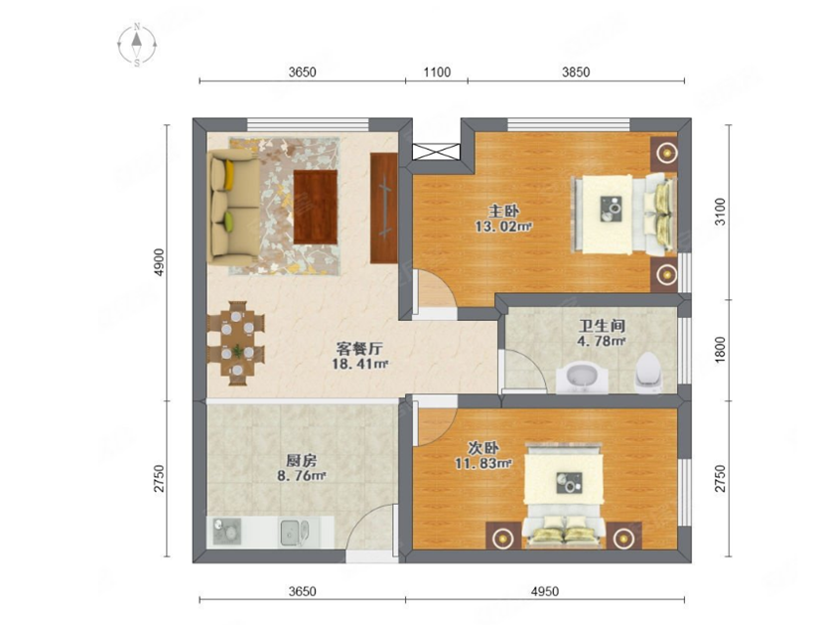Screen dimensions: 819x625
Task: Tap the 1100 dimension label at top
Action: [x=437, y=72]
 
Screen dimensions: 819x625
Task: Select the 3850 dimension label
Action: [x=576, y=72]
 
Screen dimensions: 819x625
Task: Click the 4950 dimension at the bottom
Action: [x=545, y=591]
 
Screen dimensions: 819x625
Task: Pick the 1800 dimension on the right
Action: [x=720, y=348]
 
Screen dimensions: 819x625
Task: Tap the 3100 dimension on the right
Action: [x=720, y=212]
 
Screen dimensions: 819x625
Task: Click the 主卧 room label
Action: [x=503, y=212]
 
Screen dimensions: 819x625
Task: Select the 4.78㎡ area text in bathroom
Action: [x=602, y=342]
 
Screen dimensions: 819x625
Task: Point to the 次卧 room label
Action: [x=483, y=448]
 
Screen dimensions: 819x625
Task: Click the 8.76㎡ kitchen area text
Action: [x=302, y=475]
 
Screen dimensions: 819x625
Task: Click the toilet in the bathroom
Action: [x=648, y=372]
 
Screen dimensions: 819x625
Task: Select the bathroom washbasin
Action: [x=582, y=377]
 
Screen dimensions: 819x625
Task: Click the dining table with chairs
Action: [x=236, y=343]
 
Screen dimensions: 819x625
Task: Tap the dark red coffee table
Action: [x=315, y=207]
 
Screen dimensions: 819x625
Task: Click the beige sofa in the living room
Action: [x=234, y=207]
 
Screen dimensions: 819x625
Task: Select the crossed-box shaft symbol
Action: [x=436, y=151]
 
